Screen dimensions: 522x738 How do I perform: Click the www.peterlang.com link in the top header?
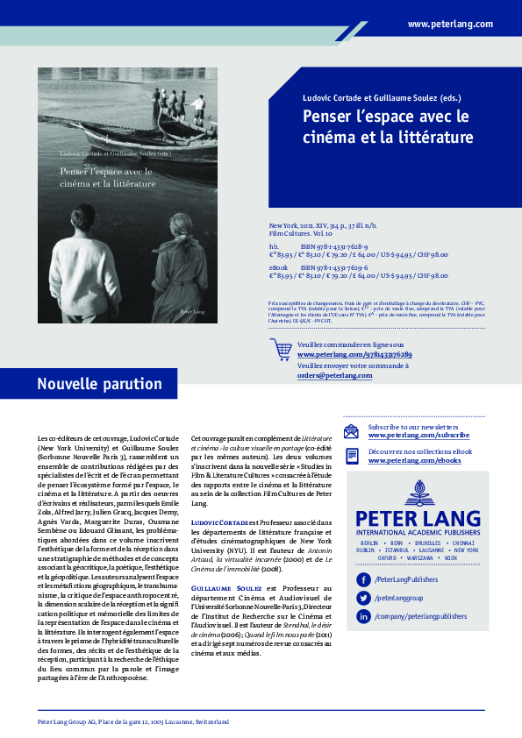pos(450,25)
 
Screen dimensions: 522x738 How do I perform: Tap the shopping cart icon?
pos(281,349)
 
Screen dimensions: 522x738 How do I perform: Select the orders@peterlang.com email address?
pos(329,375)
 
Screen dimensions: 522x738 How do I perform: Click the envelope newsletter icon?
pos(351,430)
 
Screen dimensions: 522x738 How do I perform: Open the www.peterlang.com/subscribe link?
pos(418,435)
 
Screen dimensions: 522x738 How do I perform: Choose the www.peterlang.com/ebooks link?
pos(414,460)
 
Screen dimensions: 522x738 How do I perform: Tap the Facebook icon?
pos(362,580)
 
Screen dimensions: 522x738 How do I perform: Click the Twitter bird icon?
pos(362,598)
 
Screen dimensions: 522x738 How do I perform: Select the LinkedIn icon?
pos(362,616)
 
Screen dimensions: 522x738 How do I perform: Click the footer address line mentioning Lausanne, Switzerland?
pos(133,721)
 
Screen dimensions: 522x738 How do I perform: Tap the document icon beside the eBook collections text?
pos(351,456)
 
